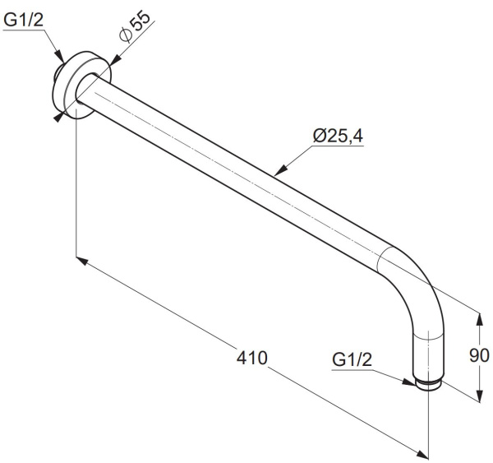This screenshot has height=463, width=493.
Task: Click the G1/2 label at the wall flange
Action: coord(23,20)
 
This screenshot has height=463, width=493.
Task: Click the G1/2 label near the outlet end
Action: coord(352,359)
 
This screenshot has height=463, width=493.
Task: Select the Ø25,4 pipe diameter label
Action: coord(338,136)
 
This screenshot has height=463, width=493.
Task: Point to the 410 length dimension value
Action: coord(252,358)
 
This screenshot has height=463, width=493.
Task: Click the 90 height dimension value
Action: coord(479,355)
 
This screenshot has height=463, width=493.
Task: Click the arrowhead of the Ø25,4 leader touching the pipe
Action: coord(280,170)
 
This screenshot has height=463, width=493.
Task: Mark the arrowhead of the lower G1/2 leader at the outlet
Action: coord(410,382)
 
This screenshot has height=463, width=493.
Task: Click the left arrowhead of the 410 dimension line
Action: coord(82,261)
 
